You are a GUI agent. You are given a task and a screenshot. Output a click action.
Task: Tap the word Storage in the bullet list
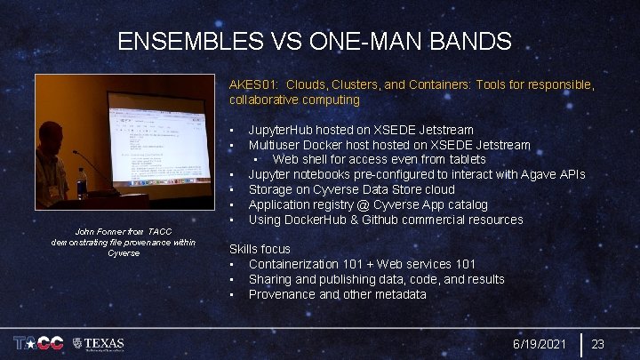[x=272, y=189]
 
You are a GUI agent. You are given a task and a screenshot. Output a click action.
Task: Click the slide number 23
[x=598, y=344]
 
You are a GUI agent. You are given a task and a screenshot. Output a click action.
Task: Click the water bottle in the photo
[x=83, y=179]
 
